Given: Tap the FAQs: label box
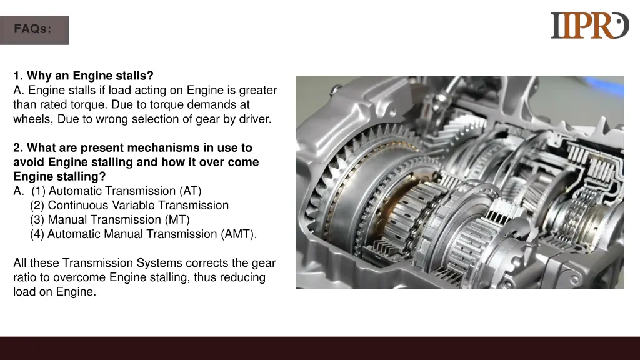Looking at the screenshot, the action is (x=35, y=30).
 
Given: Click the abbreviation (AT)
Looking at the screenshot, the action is (x=191, y=191).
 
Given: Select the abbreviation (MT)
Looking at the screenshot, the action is (x=177, y=219).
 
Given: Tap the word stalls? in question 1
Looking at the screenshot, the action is (x=135, y=76).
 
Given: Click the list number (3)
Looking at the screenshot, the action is (x=37, y=219).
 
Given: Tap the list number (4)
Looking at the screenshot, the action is (x=37, y=234).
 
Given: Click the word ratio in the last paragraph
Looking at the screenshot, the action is (x=27, y=277).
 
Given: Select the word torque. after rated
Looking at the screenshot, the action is (x=89, y=104).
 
